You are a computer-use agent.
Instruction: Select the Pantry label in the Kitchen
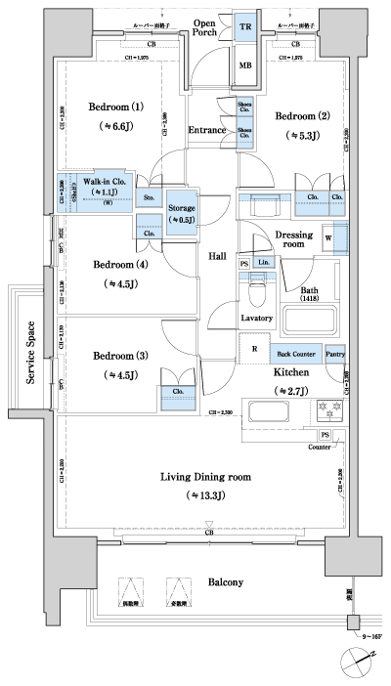click(334, 353)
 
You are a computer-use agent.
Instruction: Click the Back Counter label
click(294, 353)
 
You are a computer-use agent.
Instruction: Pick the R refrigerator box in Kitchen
click(254, 349)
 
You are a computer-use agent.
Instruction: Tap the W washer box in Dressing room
click(329, 237)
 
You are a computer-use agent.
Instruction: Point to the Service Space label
click(32, 352)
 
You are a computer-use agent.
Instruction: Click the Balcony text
click(224, 582)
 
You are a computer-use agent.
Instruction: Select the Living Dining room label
click(204, 477)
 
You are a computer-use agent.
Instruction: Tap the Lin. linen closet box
click(263, 263)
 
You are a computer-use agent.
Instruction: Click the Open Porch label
click(203, 27)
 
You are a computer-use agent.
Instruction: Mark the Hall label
click(217, 256)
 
